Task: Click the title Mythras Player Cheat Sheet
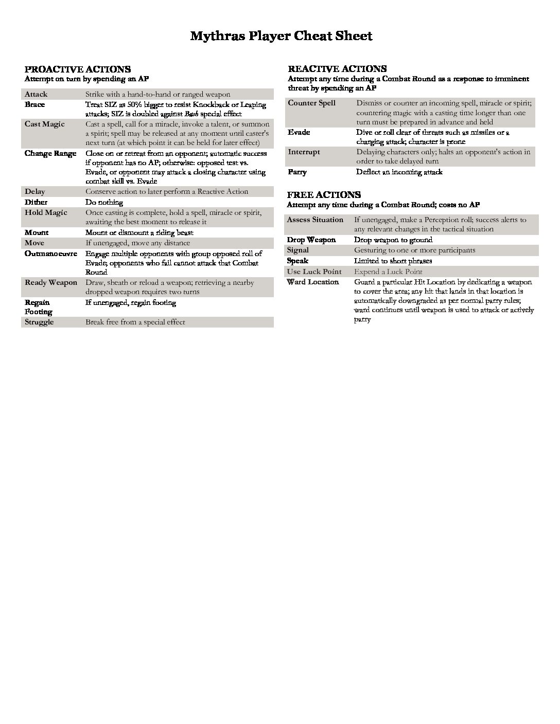click(x=281, y=36)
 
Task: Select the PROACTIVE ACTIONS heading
click(x=78, y=69)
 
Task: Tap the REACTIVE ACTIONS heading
click(x=337, y=69)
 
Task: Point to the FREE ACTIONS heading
click(x=324, y=195)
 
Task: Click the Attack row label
click(x=36, y=95)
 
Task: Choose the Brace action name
click(x=35, y=105)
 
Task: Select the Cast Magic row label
click(x=45, y=124)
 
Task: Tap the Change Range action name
click(x=50, y=154)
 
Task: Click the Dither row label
click(x=36, y=203)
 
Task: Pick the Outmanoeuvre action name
click(x=51, y=254)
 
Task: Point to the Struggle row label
click(x=39, y=322)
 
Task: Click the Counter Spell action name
click(x=312, y=103)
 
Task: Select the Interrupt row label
click(x=304, y=152)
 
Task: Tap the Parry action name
click(x=297, y=172)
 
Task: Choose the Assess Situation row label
click(x=315, y=220)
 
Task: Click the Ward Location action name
click(x=313, y=282)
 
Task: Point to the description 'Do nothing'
click(x=104, y=203)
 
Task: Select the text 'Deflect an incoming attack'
click(x=399, y=172)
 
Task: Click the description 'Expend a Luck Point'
click(x=388, y=272)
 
